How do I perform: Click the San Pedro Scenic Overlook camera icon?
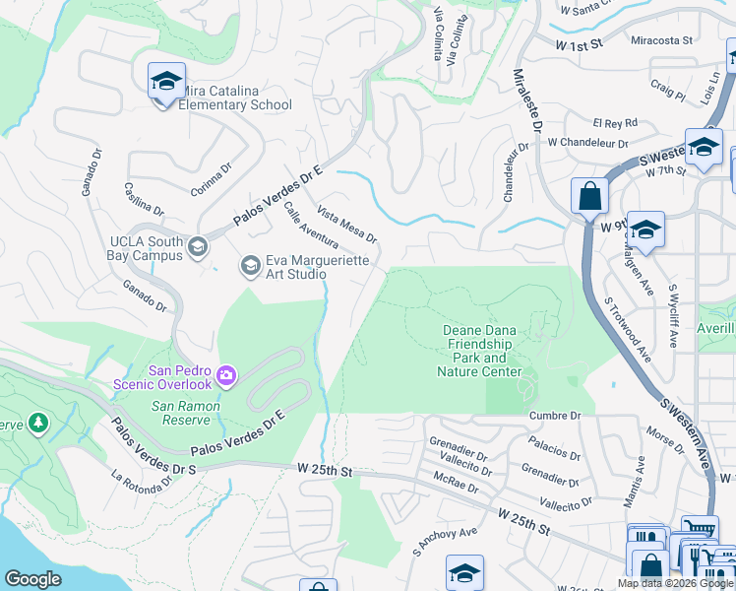click(227, 374)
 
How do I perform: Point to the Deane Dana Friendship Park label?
click(479, 352)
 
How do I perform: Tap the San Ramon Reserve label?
click(185, 413)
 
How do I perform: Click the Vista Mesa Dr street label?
click(346, 225)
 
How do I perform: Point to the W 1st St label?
click(580, 44)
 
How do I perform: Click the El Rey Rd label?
click(615, 123)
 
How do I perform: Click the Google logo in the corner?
click(32, 579)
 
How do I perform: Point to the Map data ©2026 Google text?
click(676, 583)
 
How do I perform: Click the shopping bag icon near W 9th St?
click(589, 195)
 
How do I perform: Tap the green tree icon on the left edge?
click(38, 424)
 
